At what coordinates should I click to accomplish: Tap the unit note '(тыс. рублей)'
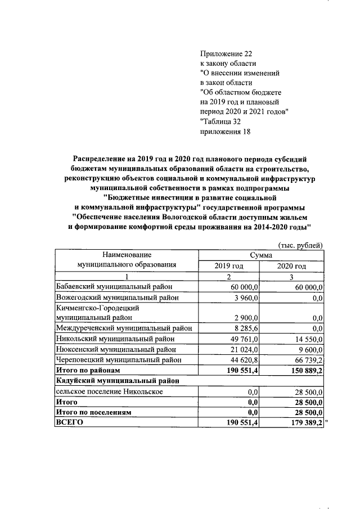[301, 245]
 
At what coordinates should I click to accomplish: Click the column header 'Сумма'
[262, 255]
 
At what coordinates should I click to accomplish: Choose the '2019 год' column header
[229, 266]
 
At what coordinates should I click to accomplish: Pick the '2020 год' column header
[292, 266]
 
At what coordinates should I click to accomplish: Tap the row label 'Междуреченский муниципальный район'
[124, 328]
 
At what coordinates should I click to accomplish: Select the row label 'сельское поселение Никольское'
[109, 391]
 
